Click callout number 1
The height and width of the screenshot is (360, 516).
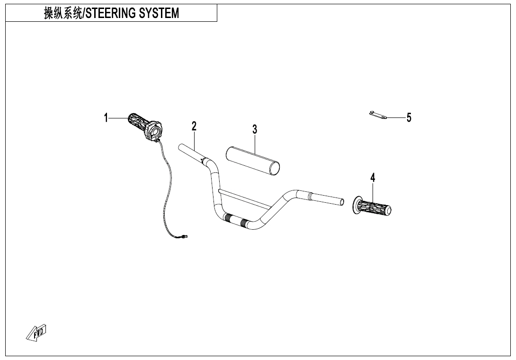107,117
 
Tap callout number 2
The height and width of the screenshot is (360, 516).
194,126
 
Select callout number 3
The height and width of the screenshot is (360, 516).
255,129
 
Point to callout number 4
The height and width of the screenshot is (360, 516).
373,178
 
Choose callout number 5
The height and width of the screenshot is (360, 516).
409,117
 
